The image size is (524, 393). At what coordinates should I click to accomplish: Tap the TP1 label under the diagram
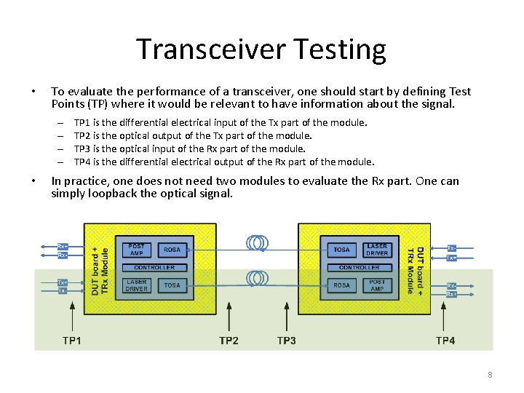72,340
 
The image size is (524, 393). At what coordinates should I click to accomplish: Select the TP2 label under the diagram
229,340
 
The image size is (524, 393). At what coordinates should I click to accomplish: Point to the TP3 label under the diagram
287,340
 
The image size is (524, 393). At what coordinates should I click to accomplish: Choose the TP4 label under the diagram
445,340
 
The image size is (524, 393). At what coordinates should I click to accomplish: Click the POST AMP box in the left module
136,250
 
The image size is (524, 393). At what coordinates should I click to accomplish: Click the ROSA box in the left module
172,250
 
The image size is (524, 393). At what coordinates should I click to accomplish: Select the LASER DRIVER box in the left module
136,285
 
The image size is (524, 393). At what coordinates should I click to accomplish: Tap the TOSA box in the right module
341,250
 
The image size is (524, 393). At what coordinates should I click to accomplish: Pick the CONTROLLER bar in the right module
359,268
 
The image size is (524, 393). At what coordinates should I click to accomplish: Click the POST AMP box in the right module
377,285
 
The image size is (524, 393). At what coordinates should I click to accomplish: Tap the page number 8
490,375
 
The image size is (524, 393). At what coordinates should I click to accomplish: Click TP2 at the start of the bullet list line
82,135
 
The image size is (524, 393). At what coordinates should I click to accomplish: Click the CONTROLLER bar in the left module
154,268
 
